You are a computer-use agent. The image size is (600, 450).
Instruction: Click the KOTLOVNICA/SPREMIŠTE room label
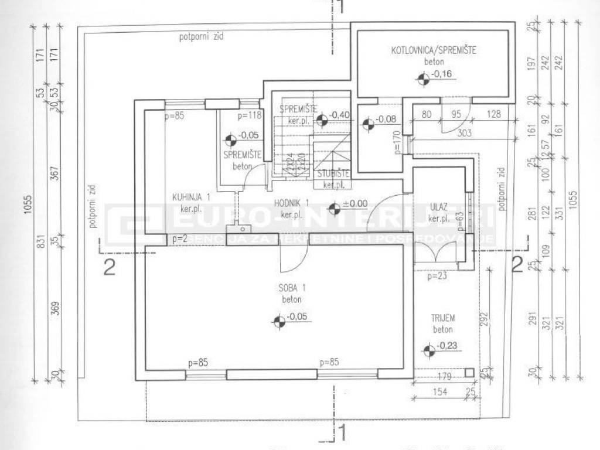pos(434,51)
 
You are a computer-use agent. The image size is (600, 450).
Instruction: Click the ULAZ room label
pos(438,207)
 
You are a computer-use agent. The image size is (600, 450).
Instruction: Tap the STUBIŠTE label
pos(333,174)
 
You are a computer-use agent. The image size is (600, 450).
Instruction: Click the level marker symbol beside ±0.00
pos(334,207)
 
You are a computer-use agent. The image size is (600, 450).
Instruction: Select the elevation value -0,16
pos(443,74)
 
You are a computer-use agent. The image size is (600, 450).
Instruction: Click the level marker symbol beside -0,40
pos(321,121)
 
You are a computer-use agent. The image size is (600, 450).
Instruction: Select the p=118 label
pos(248,116)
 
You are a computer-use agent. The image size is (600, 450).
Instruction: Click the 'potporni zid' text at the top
pos(202,36)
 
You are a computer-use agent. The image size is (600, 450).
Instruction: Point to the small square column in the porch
pos(469,372)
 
